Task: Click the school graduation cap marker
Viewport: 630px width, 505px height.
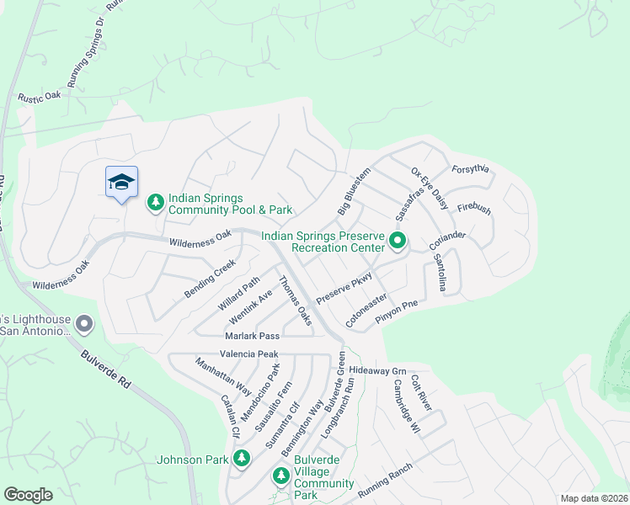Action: pos(121,182)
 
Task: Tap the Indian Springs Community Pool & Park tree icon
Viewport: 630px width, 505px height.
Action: pos(155,202)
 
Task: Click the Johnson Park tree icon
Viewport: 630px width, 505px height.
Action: pos(242,459)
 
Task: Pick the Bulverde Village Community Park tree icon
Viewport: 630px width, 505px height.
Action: pos(281,476)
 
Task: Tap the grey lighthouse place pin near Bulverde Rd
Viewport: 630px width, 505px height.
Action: pos(84,324)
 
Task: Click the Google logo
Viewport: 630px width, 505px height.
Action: pos(28,495)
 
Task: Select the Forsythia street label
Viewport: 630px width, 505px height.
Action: pos(471,167)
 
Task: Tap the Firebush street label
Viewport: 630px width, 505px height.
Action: pos(473,208)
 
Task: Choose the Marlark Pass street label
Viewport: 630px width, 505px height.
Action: pos(251,336)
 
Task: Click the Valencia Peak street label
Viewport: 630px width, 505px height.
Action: pos(248,354)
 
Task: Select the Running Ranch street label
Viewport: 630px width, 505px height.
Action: pos(385,481)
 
